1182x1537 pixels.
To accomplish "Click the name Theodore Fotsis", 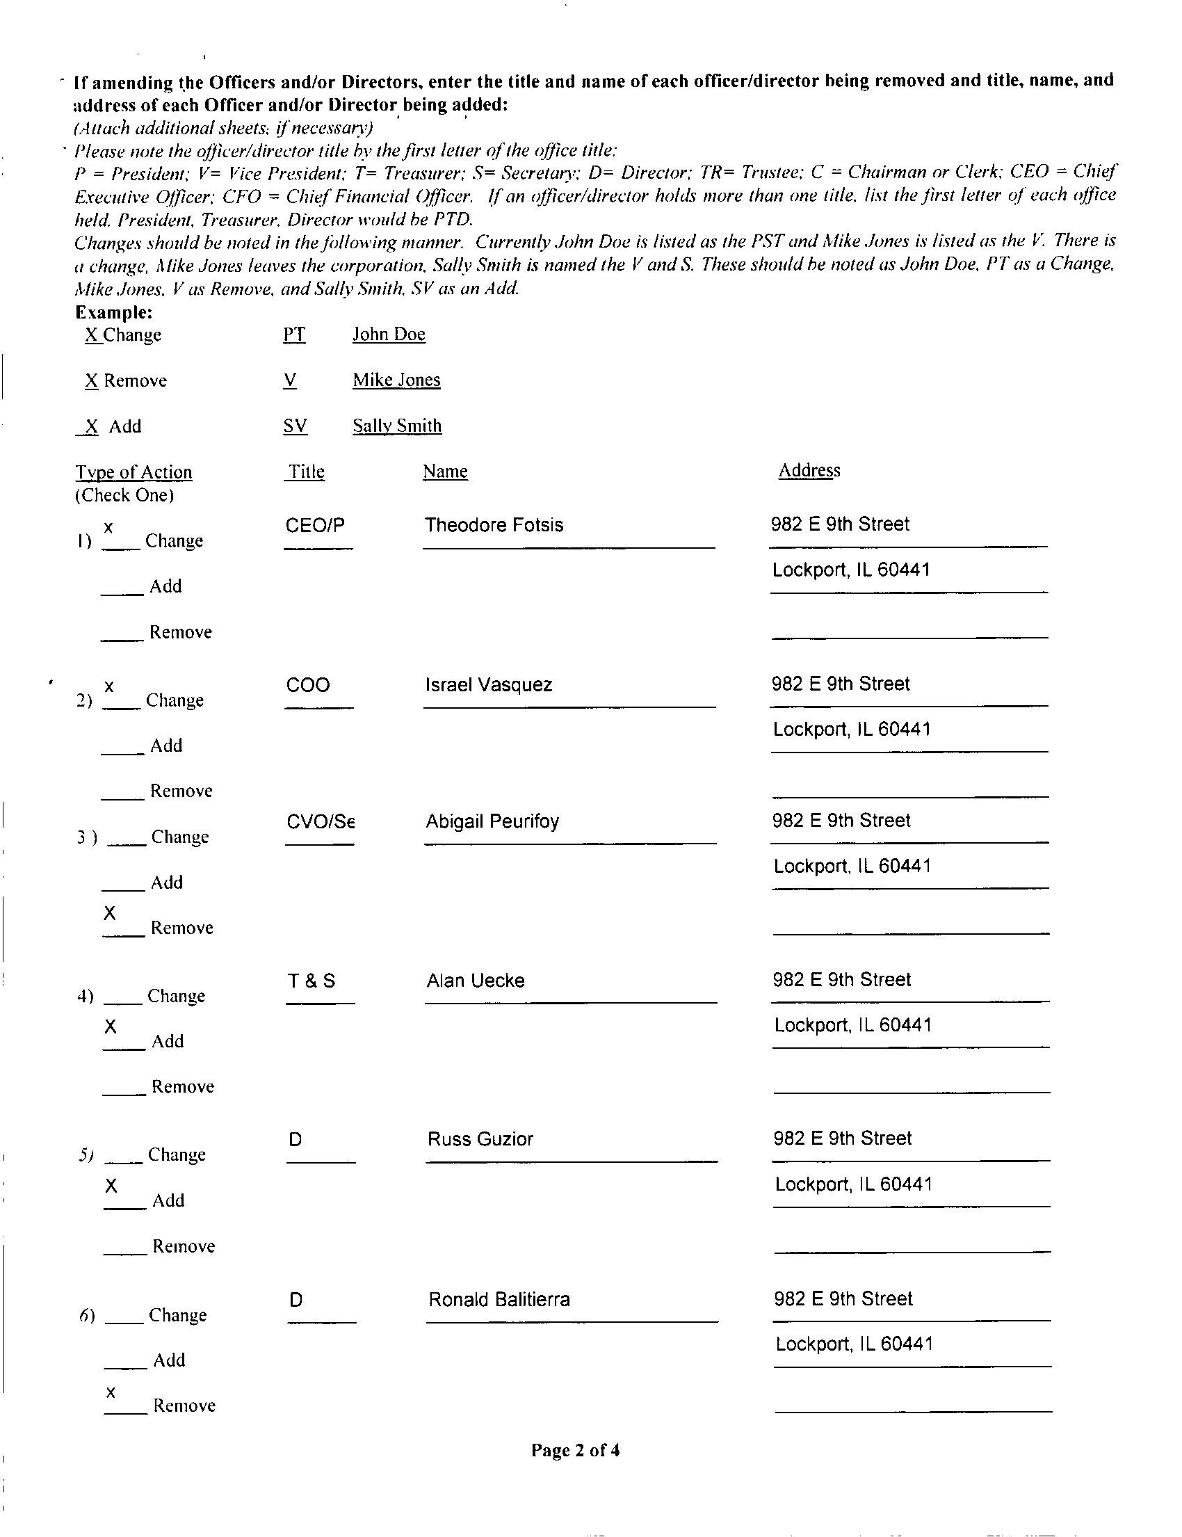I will click(x=494, y=525).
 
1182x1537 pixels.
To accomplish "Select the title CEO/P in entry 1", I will click(x=314, y=525).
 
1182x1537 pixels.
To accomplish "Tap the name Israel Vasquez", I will click(x=488, y=685).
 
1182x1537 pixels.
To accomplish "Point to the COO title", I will click(x=307, y=685).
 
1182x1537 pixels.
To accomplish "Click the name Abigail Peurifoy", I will click(x=492, y=821).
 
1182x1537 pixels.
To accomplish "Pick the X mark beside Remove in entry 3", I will click(x=110, y=913).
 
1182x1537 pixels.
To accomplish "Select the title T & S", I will click(x=311, y=981).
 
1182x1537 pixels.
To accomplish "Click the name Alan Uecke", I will click(x=475, y=981).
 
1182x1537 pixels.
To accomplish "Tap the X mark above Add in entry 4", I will click(x=111, y=1027).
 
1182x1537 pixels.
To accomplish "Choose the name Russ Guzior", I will click(x=480, y=1139).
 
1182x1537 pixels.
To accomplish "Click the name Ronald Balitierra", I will click(x=499, y=1299).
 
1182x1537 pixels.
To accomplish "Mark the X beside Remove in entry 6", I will click(x=111, y=1392).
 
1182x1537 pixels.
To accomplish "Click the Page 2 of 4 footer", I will click(x=575, y=1450).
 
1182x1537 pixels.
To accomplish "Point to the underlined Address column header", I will click(x=809, y=471).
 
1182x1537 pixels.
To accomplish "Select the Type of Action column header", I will click(x=133, y=472).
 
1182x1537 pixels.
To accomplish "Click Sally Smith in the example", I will click(x=397, y=426).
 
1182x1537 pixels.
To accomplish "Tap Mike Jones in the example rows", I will click(x=396, y=380).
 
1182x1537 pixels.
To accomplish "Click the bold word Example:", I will click(x=114, y=312).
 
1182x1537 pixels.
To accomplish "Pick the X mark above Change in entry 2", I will click(x=109, y=686).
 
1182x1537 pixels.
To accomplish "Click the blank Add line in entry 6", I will click(x=125, y=1367).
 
